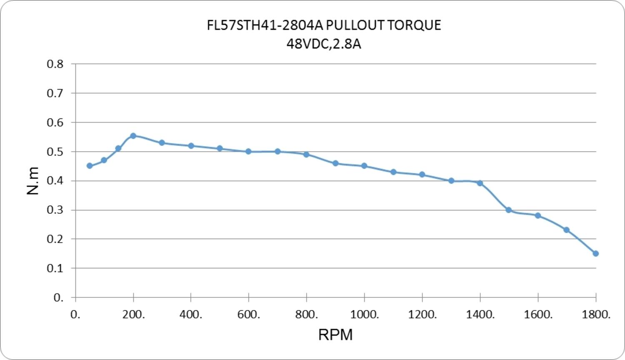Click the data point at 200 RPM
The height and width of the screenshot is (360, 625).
(x=133, y=136)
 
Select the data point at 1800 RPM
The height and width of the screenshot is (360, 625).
(x=595, y=253)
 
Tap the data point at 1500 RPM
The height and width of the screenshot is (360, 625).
(x=509, y=210)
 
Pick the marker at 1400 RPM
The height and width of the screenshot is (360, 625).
(x=480, y=183)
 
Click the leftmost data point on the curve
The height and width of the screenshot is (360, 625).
(x=90, y=166)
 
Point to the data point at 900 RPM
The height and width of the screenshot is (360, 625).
(x=335, y=163)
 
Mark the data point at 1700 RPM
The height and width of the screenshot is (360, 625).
(x=566, y=230)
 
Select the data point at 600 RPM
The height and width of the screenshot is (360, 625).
(x=248, y=152)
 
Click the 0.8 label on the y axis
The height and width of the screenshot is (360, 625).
(x=55, y=64)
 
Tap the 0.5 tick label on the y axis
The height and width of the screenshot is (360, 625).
(x=55, y=152)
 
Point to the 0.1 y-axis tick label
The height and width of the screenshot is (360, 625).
(x=55, y=268)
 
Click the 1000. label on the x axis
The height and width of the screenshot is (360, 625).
(x=365, y=315)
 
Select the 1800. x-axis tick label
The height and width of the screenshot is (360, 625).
(x=596, y=315)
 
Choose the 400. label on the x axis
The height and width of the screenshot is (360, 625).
(x=191, y=315)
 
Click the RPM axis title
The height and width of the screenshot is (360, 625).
(x=335, y=335)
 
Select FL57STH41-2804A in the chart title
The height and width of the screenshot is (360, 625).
(x=265, y=25)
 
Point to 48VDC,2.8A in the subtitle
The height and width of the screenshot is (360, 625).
(x=324, y=44)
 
